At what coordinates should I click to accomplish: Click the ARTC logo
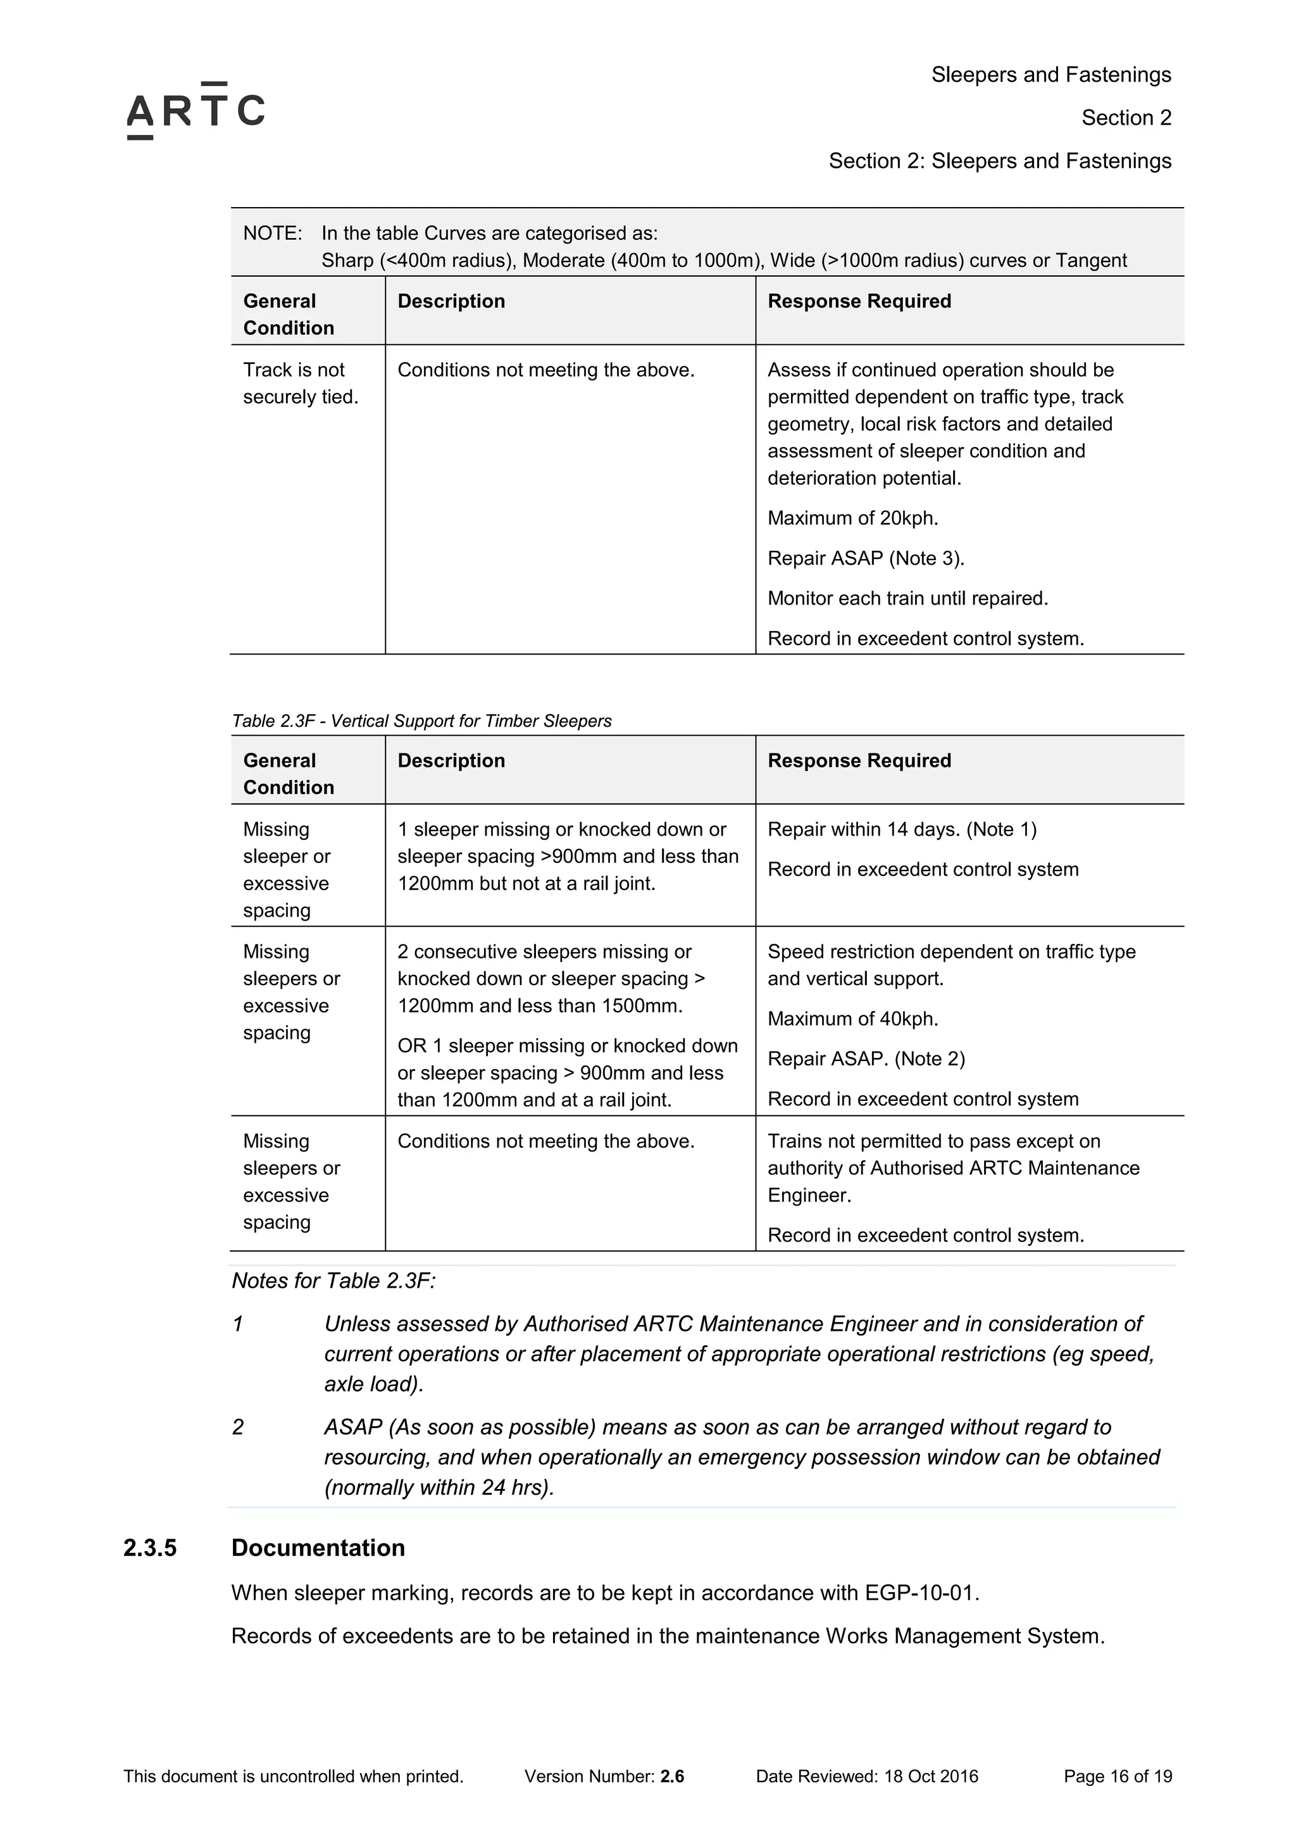click(196, 111)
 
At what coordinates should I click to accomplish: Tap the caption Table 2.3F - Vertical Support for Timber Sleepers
click(421, 720)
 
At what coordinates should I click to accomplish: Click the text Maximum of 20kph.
click(852, 518)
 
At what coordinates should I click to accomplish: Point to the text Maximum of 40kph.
click(852, 1019)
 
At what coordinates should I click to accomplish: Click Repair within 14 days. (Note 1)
click(902, 829)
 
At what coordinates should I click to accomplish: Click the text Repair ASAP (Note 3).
click(866, 558)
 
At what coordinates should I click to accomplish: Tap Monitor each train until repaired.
click(907, 598)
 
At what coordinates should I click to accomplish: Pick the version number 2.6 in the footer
click(671, 1776)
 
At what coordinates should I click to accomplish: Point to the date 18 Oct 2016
click(930, 1776)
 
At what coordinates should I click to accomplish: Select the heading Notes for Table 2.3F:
click(333, 1281)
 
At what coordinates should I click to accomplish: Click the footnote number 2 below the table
click(238, 1427)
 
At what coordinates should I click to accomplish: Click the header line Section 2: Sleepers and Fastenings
click(999, 161)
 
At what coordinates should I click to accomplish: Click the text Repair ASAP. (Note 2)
click(866, 1058)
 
